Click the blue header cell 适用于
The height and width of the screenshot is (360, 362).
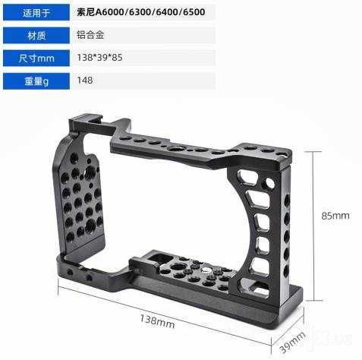point(36,12)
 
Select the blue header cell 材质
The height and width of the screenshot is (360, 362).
point(36,36)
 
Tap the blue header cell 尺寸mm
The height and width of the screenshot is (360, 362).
point(36,58)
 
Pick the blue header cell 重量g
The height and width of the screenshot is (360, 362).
point(36,81)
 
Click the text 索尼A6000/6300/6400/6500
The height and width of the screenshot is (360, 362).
point(141,12)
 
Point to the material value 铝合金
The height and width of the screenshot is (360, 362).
point(90,35)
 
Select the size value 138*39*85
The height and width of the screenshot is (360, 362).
point(99,58)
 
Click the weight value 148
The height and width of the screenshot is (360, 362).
point(85,81)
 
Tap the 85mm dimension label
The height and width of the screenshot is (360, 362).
point(335,216)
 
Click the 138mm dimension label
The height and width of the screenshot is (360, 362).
point(157,321)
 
